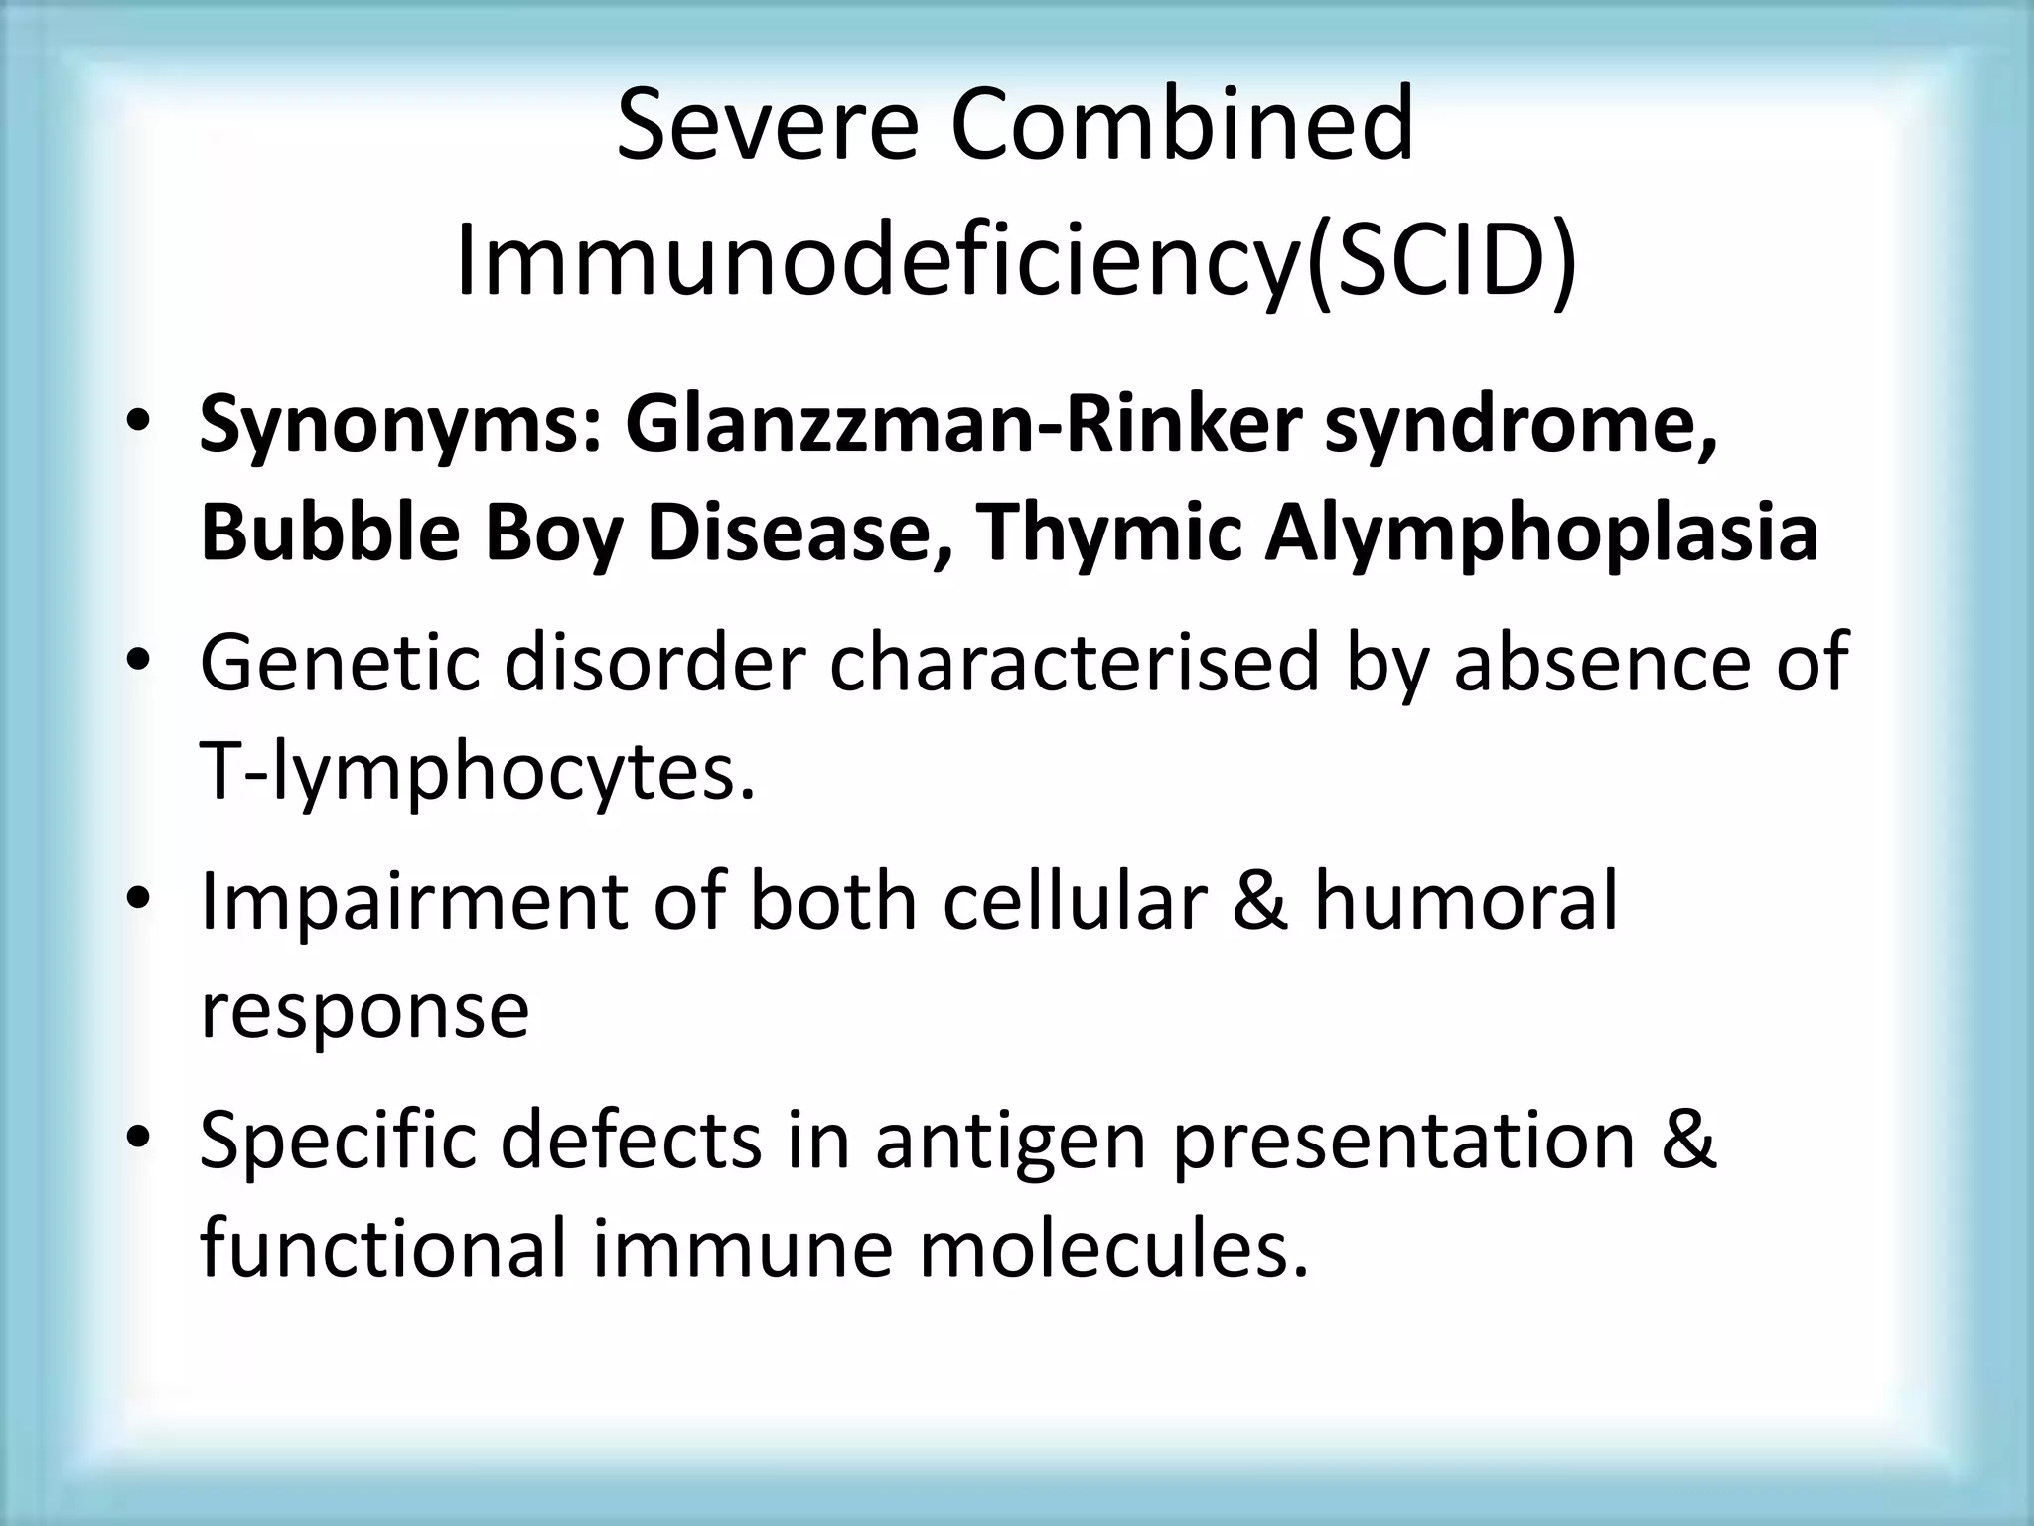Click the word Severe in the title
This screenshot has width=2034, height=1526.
point(766,125)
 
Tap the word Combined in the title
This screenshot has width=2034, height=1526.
point(1182,125)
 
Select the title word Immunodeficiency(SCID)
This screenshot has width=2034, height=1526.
point(1016,261)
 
